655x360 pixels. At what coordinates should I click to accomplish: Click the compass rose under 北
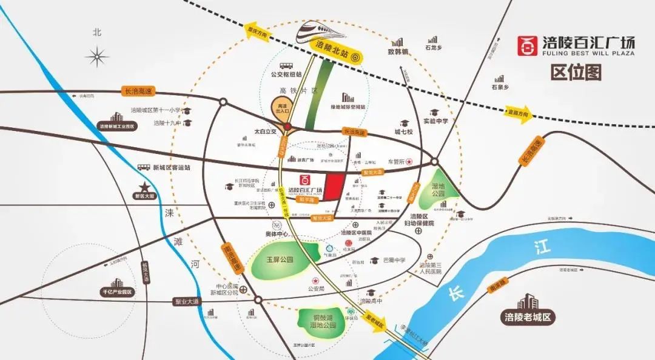pyautogui.click(x=97, y=57)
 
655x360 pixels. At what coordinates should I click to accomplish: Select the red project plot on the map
pyautogui.click(x=335, y=185)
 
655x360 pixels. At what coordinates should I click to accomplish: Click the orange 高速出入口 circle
pyautogui.click(x=282, y=110)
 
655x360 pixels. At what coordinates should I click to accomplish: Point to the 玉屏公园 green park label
pyautogui.click(x=280, y=259)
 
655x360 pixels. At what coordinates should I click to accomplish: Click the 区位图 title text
pyautogui.click(x=576, y=73)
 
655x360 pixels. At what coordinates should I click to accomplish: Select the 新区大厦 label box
pyautogui.click(x=145, y=196)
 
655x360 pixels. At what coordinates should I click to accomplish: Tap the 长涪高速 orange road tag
pyautogui.click(x=138, y=91)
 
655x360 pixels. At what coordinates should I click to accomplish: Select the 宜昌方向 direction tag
pyautogui.click(x=518, y=112)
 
